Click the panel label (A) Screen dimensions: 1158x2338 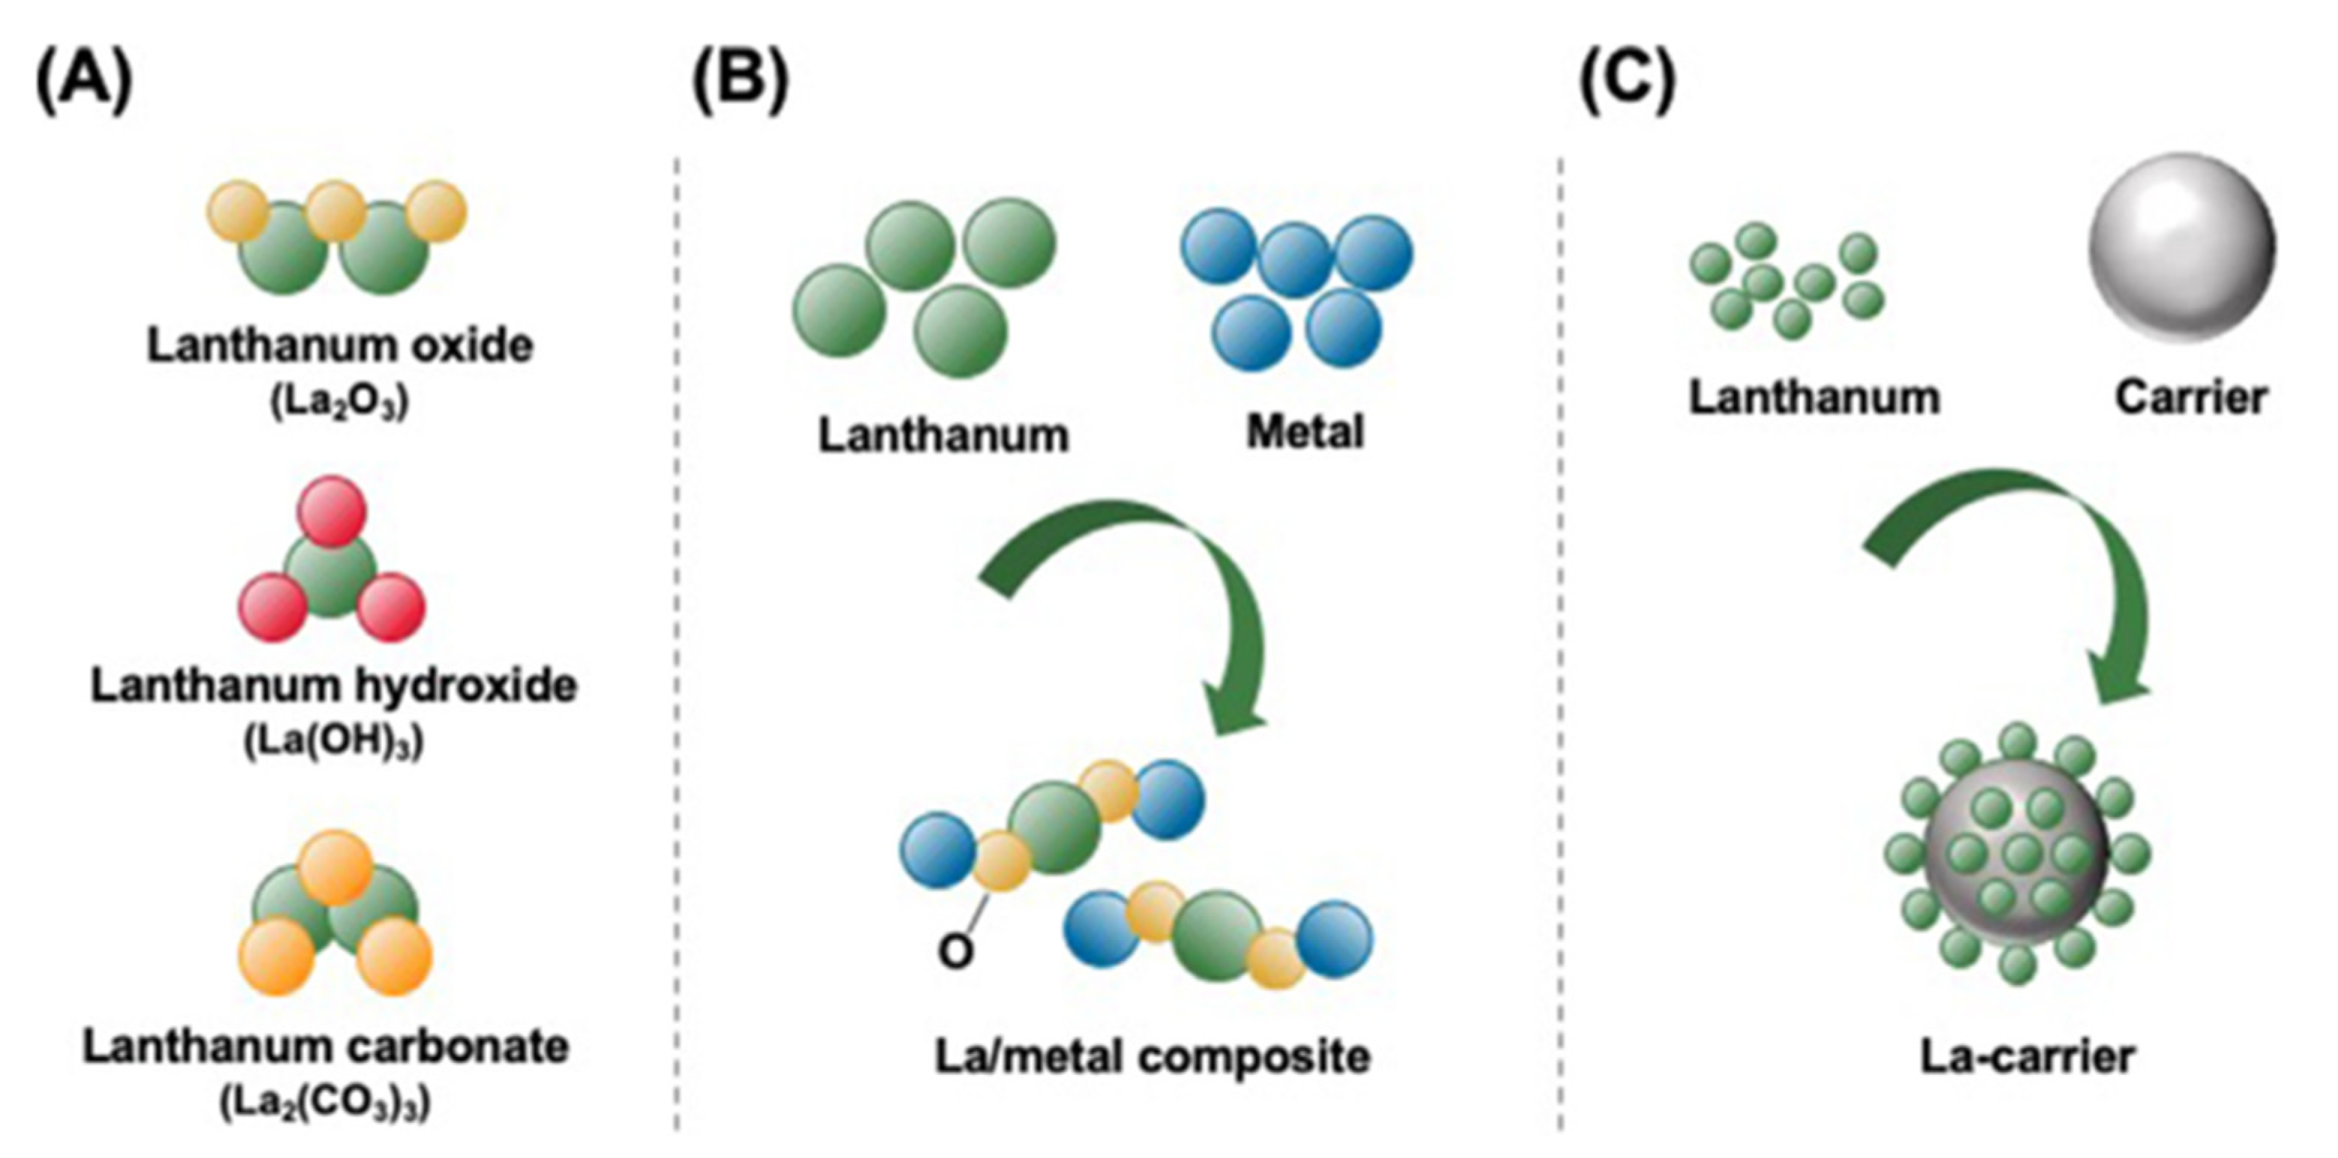pos(83,81)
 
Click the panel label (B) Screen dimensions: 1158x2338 pos(740,81)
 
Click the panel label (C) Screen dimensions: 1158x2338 pos(1628,81)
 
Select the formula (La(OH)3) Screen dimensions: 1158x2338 pos(333,743)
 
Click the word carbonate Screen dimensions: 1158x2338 pos(455,1046)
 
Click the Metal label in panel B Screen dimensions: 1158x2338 pos(1304,432)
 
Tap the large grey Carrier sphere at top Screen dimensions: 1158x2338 pos(2181,247)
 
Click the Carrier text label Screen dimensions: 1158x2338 pos(2190,398)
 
